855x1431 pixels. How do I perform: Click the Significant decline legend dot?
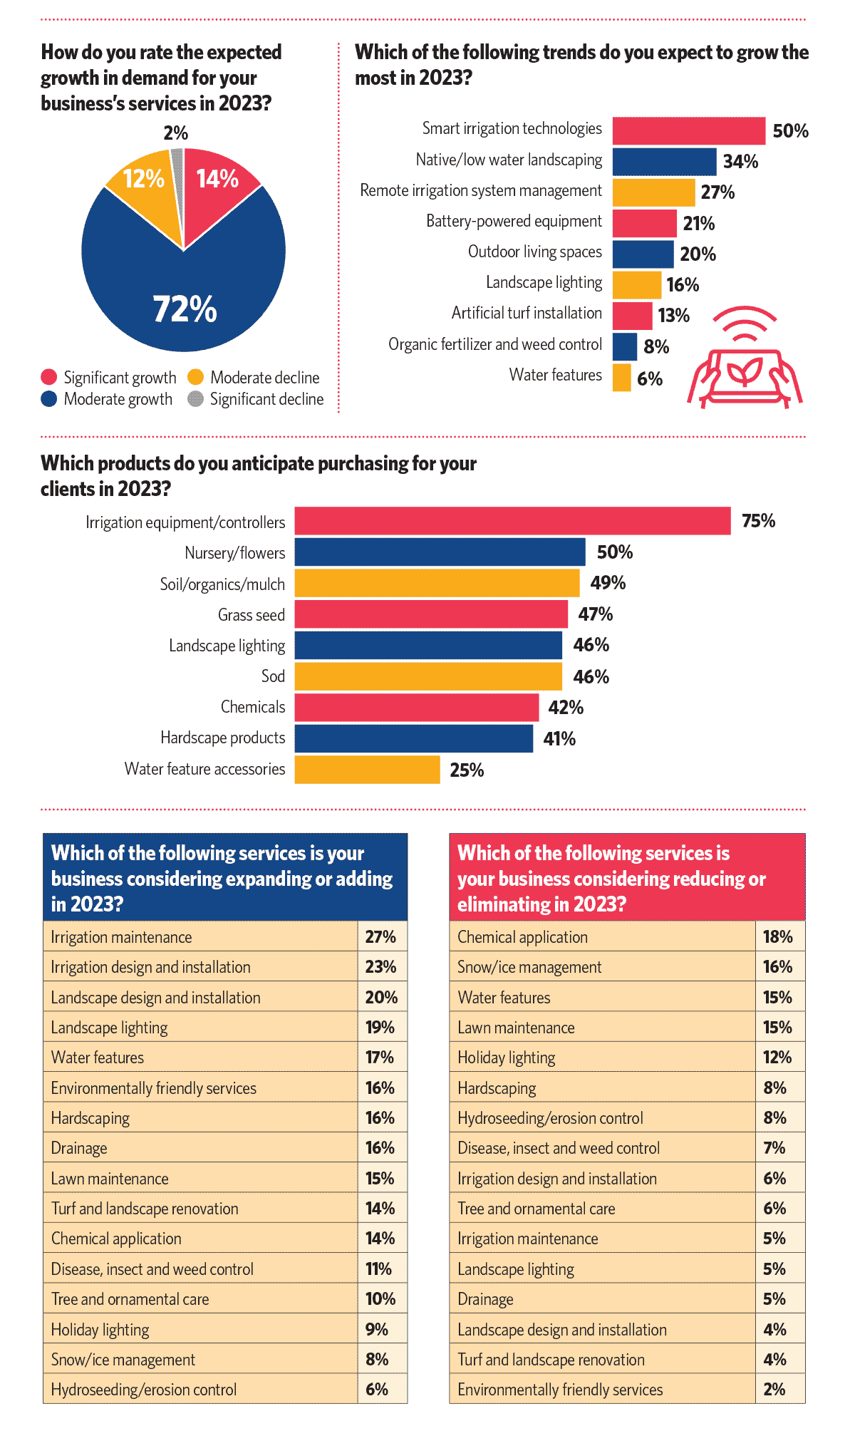point(195,399)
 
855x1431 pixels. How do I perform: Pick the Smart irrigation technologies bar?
point(688,131)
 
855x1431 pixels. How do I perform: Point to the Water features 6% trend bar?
point(621,378)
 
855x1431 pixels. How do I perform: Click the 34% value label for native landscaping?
point(740,162)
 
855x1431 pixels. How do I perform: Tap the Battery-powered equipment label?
point(514,222)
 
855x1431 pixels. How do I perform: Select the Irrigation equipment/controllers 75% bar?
point(512,521)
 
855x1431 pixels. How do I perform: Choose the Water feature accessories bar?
point(367,770)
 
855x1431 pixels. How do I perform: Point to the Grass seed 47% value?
point(595,614)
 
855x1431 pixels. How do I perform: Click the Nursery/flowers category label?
point(234,554)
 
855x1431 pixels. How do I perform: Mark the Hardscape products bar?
point(413,738)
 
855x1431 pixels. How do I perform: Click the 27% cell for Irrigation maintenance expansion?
point(380,937)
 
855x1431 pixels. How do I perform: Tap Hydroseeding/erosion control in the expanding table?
point(144,1390)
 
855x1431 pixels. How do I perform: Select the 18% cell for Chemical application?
point(777,937)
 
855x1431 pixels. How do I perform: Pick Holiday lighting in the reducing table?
point(507,1058)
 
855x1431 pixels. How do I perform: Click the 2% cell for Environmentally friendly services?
point(774,1390)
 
